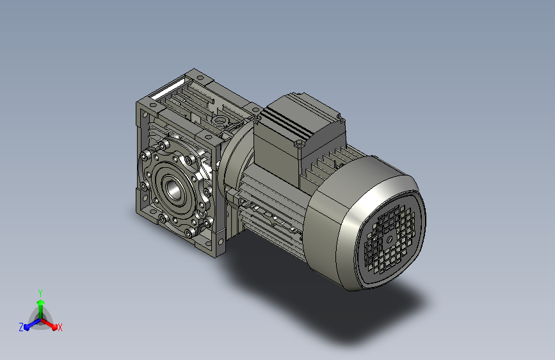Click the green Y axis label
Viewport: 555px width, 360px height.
click(40, 293)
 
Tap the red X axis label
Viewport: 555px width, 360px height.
click(60, 327)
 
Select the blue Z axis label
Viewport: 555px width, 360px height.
click(21, 327)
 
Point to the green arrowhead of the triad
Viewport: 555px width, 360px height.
click(41, 302)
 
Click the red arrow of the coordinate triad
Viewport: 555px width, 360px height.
click(49, 324)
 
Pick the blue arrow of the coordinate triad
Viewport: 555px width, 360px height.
click(33, 324)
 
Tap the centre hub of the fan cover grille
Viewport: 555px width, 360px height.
click(389, 239)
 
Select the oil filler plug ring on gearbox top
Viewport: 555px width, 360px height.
click(220, 121)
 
